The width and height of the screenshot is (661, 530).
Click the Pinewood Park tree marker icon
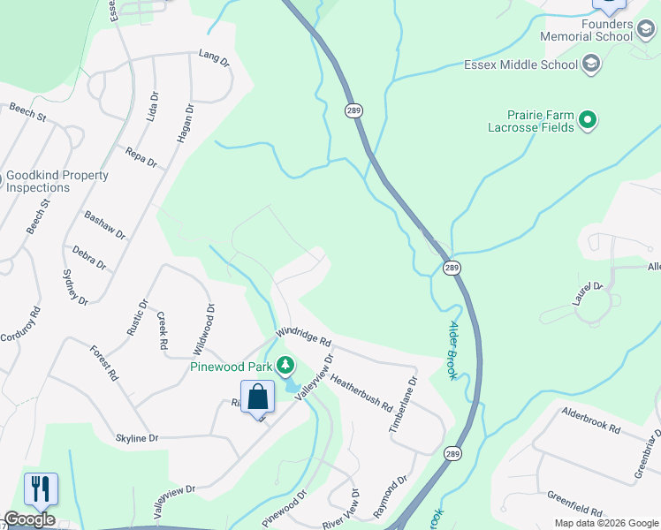285,365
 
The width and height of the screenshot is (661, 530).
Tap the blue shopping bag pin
257,397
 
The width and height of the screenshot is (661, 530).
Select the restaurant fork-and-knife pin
41,488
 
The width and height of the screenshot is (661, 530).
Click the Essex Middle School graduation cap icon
591,64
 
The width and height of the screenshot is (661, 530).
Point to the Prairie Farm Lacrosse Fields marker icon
586,120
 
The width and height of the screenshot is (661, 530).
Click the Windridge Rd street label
302,335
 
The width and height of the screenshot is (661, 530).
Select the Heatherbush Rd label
362,389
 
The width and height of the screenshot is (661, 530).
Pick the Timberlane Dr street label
402,405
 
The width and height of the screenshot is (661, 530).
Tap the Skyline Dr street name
137,438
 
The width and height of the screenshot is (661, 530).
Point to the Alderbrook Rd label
591,425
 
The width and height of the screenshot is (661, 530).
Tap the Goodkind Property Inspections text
57,181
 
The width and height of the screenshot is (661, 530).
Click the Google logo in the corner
29,519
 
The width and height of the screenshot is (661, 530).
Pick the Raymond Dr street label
390,497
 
